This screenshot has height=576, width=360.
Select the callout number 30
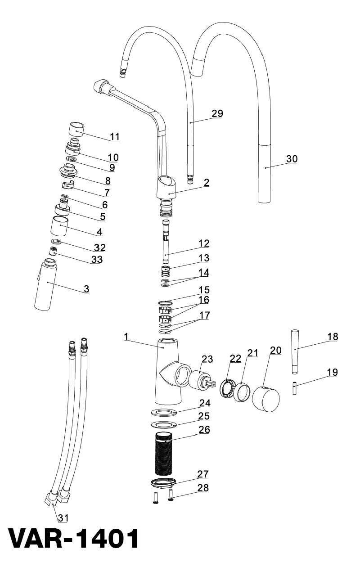[292, 159]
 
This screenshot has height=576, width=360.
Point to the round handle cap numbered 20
[266, 400]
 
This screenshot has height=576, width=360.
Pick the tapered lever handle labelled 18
[295, 351]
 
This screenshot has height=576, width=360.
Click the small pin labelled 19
[295, 388]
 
